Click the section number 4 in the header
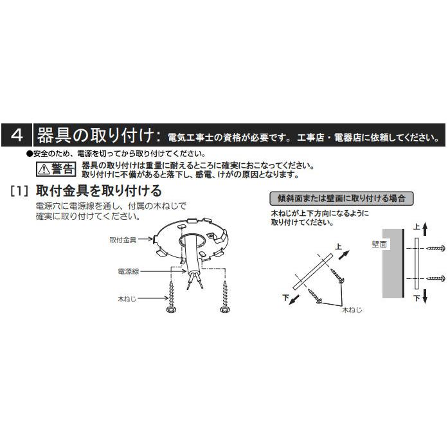pyautogui.click(x=17, y=136)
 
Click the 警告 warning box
pyautogui.click(x=56, y=169)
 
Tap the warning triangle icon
pyautogui.click(x=43, y=170)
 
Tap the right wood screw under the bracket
pyautogui.click(x=224, y=299)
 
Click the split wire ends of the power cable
pyautogui.click(x=194, y=282)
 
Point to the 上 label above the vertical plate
pyautogui.click(x=416, y=228)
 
